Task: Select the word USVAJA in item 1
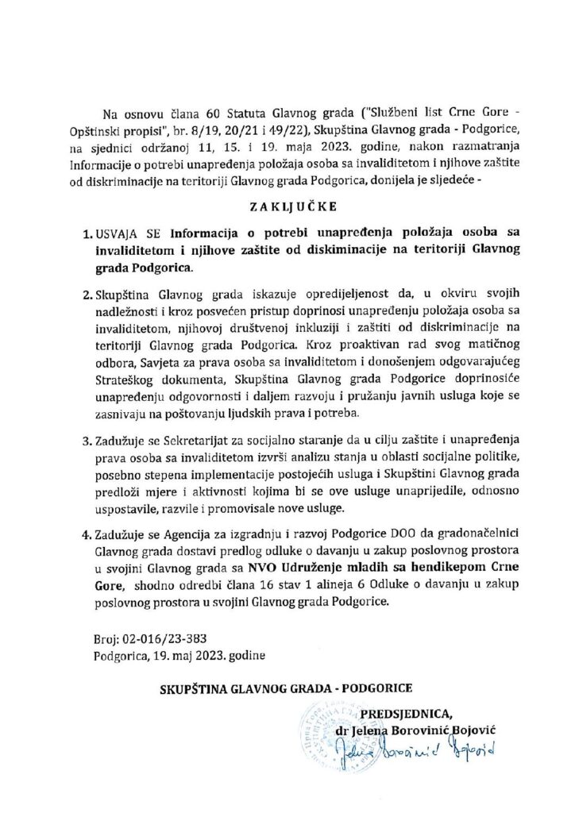[x=116, y=236]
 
